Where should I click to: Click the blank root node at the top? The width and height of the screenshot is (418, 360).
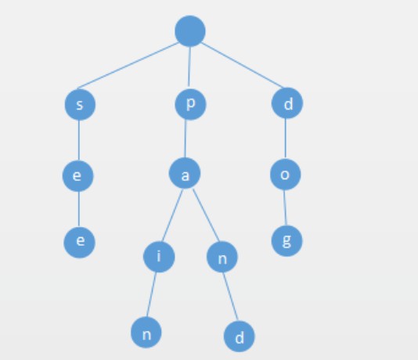[190, 31]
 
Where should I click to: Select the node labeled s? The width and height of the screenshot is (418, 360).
[80, 104]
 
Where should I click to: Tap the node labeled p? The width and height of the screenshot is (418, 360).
[190, 104]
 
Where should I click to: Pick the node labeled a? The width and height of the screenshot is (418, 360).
[185, 173]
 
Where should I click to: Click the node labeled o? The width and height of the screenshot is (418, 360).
[285, 175]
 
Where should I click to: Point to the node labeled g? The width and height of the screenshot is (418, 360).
[286, 240]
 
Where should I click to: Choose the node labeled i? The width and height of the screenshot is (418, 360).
[159, 257]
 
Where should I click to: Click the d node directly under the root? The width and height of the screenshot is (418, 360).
[287, 103]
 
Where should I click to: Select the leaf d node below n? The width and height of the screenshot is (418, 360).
[239, 337]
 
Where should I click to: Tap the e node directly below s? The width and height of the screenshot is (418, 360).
[77, 176]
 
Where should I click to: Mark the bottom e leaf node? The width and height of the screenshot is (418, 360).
[79, 243]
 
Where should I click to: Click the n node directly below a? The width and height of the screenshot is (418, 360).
[222, 257]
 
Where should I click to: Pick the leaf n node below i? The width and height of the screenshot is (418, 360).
[146, 333]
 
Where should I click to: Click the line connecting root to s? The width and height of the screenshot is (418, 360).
[128, 66]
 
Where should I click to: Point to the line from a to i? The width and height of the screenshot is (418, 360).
[172, 214]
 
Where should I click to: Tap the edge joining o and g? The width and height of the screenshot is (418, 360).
[285, 207]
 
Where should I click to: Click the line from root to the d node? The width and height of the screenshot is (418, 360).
[242, 65]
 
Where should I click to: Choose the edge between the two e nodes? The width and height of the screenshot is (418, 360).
[79, 209]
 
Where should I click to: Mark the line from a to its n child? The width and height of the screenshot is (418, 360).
[206, 215]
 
